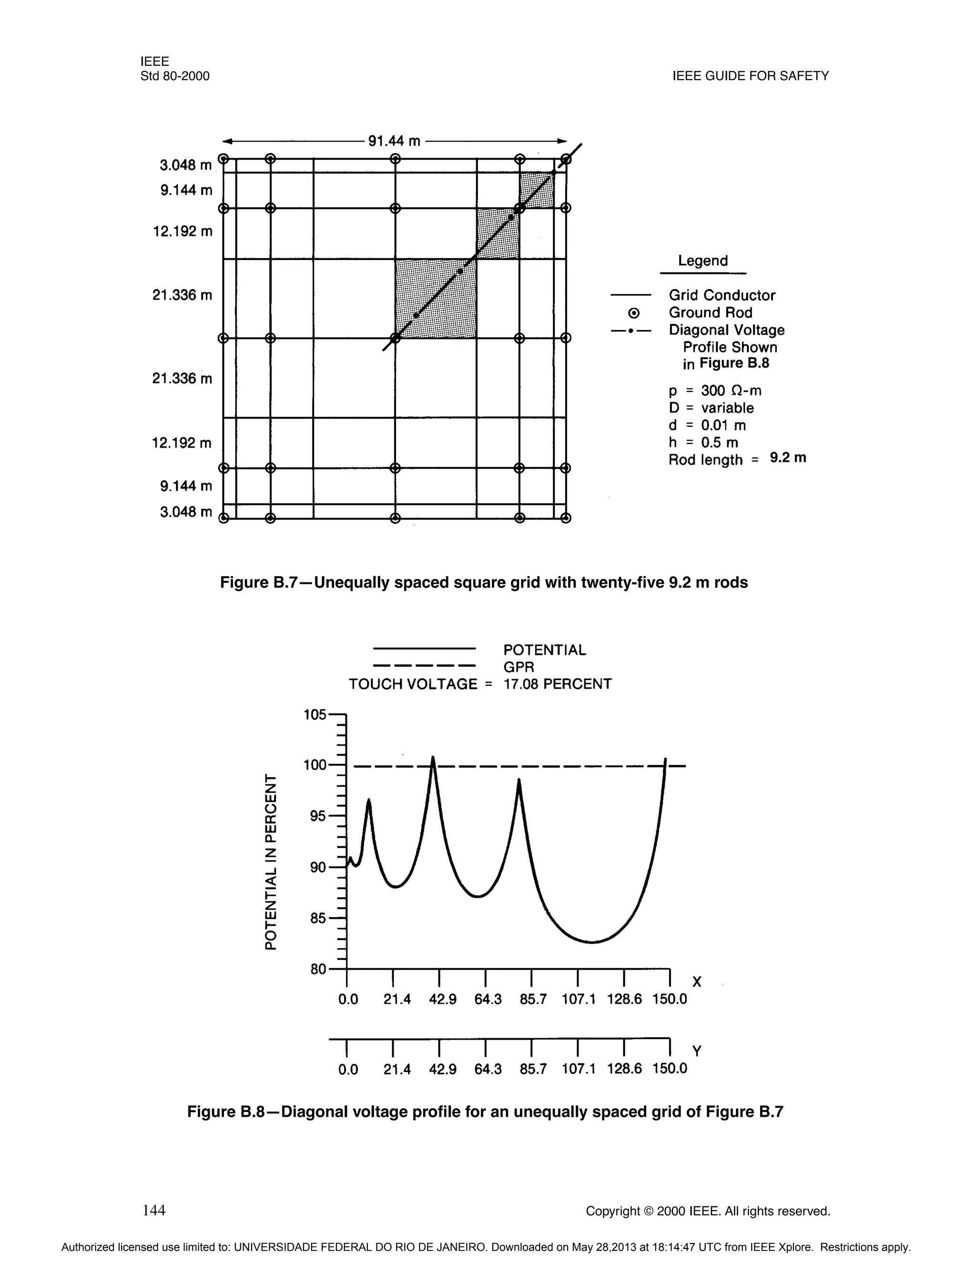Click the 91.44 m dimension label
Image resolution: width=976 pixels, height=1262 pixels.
(394, 141)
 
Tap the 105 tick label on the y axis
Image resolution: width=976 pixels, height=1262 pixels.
(315, 715)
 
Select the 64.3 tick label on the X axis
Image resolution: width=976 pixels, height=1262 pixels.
(488, 999)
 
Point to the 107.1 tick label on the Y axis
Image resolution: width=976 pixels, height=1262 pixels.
(578, 1069)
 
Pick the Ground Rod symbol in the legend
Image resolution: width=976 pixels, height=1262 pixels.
(634, 313)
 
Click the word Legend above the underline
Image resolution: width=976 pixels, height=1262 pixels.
(702, 260)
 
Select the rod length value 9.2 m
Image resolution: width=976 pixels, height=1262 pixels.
(787, 458)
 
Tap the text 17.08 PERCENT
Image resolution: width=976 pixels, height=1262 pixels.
(558, 684)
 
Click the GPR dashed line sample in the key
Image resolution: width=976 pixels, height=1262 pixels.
(424, 666)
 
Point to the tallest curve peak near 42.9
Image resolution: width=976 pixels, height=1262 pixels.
(433, 758)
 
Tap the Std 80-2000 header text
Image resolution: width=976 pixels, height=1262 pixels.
(174, 76)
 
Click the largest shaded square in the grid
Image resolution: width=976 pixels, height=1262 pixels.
(436, 298)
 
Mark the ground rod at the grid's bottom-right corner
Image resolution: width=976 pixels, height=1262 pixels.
(566, 518)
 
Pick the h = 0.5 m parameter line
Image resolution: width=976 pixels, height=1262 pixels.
(703, 442)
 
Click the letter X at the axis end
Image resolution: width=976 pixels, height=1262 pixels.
(697, 982)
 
